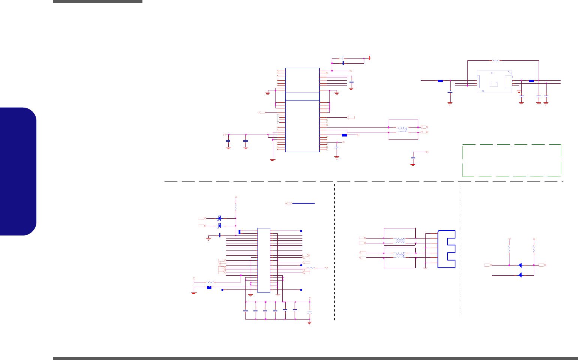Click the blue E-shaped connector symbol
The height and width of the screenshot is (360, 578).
(x=446, y=249)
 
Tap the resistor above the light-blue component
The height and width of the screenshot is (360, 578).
(x=495, y=60)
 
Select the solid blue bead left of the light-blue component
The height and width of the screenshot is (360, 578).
(x=440, y=81)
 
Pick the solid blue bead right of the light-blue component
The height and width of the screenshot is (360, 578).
(x=532, y=81)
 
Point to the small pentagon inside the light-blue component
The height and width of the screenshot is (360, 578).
(x=494, y=84)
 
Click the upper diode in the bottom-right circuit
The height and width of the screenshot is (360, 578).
(x=520, y=265)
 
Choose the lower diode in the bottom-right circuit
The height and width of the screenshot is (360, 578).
(x=520, y=275)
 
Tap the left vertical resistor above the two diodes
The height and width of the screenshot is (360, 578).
(x=509, y=249)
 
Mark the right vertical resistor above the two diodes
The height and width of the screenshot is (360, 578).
(x=534, y=249)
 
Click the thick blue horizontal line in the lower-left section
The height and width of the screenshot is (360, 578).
(x=303, y=203)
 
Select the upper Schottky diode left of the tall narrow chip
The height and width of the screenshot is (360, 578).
(x=220, y=218)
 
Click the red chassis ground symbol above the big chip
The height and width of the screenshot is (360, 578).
(x=370, y=58)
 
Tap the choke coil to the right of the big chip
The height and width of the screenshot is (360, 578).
(x=403, y=130)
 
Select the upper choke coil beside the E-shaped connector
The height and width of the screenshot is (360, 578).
(x=400, y=240)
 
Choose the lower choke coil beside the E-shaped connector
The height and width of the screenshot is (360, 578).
(x=400, y=255)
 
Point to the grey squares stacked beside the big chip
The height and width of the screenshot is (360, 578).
(x=278, y=118)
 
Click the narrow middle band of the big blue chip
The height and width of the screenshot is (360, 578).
(x=302, y=96)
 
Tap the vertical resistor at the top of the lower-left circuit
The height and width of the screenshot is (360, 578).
(x=236, y=207)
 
